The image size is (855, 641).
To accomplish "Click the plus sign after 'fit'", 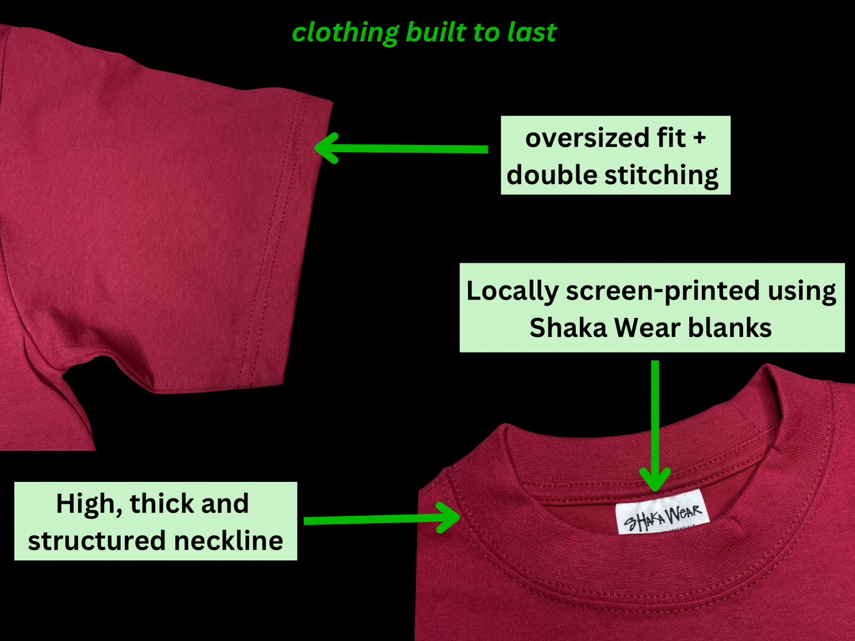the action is [x=699, y=138].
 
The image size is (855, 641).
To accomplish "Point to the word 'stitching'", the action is [x=662, y=176].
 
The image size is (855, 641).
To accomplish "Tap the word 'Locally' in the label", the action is [x=512, y=291].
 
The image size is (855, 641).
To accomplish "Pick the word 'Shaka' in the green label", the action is [x=568, y=327].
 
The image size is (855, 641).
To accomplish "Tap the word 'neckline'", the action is [x=228, y=541].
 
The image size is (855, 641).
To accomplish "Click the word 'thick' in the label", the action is [x=162, y=504].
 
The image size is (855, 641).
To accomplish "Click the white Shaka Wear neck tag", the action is [x=663, y=511].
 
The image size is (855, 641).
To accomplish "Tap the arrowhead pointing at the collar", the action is [x=449, y=517].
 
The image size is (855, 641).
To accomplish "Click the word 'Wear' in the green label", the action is [x=647, y=327].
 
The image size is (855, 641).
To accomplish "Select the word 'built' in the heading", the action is [x=436, y=31].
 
